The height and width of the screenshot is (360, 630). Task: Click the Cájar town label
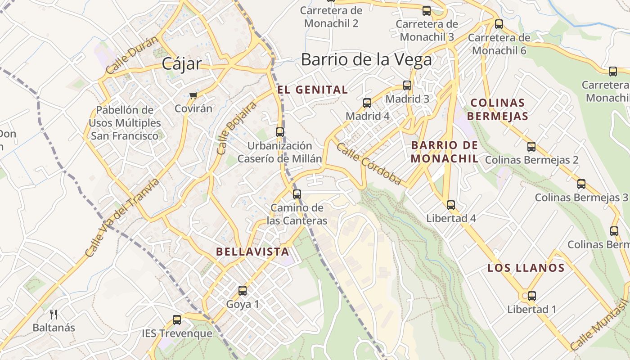click(x=182, y=63)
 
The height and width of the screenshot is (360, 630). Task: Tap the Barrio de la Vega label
click(x=366, y=59)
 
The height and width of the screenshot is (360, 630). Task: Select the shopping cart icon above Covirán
click(x=193, y=95)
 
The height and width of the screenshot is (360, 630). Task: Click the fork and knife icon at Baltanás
click(x=54, y=314)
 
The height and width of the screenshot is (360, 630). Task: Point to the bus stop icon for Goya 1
click(x=243, y=291)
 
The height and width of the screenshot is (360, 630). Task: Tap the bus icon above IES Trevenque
click(x=177, y=320)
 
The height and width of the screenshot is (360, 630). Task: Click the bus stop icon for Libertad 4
click(x=451, y=205)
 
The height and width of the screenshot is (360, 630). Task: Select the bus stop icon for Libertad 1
click(x=531, y=296)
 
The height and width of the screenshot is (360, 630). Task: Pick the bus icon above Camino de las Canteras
click(x=297, y=194)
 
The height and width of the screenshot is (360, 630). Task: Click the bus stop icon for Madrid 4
click(x=367, y=103)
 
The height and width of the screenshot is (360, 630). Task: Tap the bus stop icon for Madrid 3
click(x=407, y=85)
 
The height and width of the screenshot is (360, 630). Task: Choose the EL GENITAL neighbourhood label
click(x=313, y=90)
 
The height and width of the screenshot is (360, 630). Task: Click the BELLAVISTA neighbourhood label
click(x=252, y=252)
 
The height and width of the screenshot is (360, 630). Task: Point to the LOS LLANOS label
click(x=526, y=268)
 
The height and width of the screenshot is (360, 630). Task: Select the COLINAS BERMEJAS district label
click(x=497, y=109)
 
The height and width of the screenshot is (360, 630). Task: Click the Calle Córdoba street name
click(x=369, y=164)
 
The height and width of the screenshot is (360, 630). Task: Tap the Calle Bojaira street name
click(x=236, y=128)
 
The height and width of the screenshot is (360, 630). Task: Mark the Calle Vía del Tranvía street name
click(x=122, y=218)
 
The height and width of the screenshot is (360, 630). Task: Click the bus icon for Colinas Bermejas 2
click(x=531, y=147)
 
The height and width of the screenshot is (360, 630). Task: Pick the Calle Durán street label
click(x=132, y=55)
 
